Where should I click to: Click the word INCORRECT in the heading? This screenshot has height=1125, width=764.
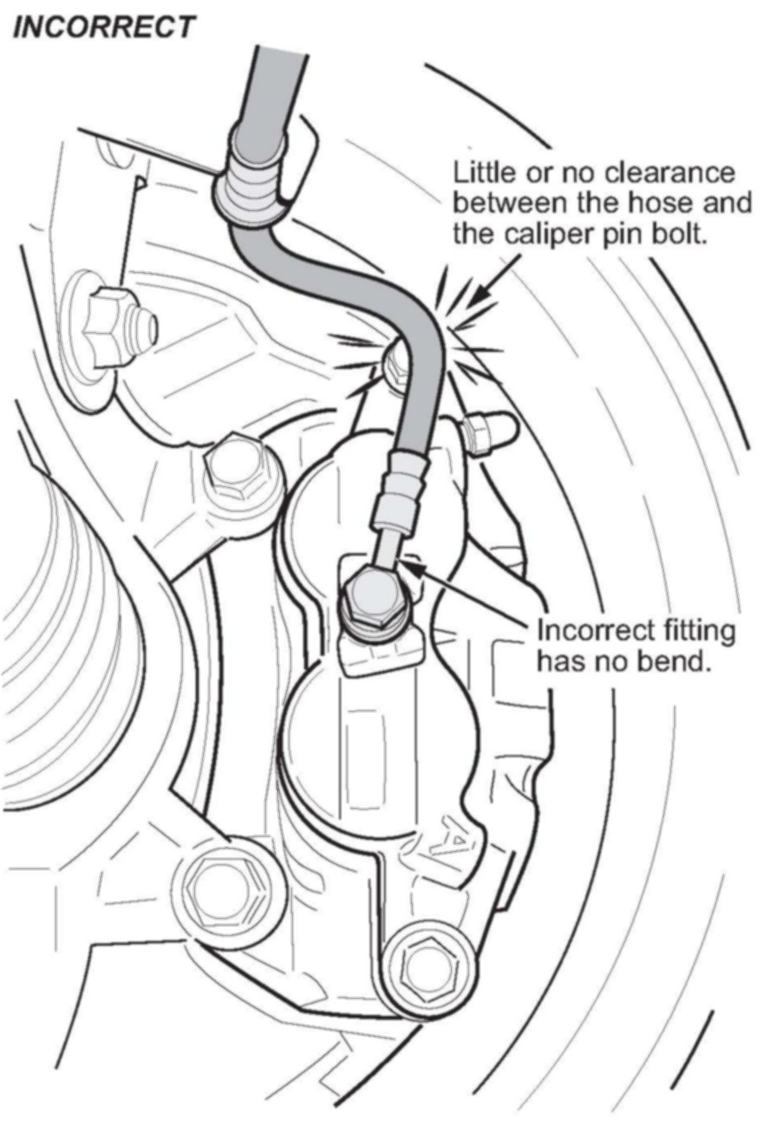tap(104, 26)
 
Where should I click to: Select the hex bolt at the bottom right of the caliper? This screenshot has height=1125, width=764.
tap(425, 966)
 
